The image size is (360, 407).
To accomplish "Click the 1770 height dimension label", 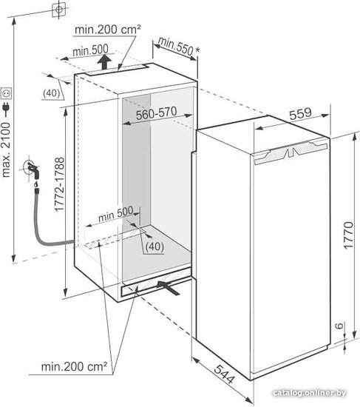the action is click(x=348, y=235).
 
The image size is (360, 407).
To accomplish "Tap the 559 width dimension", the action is click(x=300, y=114).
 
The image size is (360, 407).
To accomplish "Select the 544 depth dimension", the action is click(x=225, y=374).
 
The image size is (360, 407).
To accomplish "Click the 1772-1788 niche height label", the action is click(x=59, y=184).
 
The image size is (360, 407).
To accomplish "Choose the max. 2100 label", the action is click(x=6, y=149).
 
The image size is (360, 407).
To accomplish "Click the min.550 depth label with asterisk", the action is click(x=179, y=46).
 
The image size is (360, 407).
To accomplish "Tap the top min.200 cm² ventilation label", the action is click(x=108, y=30).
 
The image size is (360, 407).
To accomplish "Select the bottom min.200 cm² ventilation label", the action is click(x=74, y=366).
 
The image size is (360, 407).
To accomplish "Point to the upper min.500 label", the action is click(x=90, y=50).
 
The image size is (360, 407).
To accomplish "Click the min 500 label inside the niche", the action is click(x=116, y=214).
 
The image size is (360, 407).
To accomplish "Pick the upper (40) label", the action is click(x=51, y=92).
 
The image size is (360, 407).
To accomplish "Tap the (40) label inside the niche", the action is click(x=154, y=246).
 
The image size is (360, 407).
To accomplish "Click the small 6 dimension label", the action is click(x=339, y=326).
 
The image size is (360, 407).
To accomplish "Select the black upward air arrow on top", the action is click(x=104, y=62).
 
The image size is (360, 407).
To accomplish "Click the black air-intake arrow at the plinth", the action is click(x=168, y=287).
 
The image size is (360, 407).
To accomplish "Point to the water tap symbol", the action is click(x=33, y=168).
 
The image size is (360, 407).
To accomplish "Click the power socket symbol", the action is click(x=7, y=93).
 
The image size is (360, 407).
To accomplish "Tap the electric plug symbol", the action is click(x=6, y=109).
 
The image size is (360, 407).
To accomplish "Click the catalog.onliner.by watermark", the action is click(x=309, y=393).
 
